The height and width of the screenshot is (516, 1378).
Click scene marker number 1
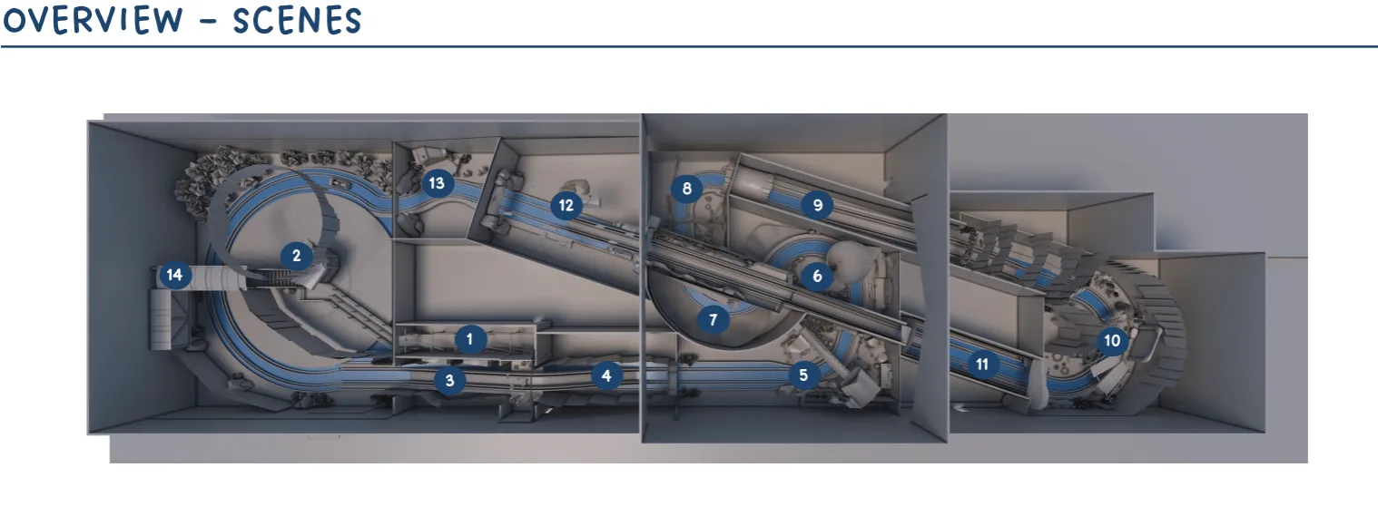coord(470,339)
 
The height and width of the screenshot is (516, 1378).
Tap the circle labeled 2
coord(297,256)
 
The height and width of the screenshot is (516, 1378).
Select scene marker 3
coord(449,380)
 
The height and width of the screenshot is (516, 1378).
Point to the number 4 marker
coord(606,375)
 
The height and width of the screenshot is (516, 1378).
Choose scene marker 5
coord(803,375)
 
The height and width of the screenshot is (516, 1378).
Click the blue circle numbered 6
coord(818,276)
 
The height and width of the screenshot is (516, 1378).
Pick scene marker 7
coord(713,319)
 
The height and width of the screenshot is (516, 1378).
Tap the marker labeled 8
coord(687,188)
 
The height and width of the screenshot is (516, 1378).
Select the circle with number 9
coord(818,205)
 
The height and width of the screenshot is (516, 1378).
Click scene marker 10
coord(1112,340)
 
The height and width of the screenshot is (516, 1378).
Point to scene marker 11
coord(982,365)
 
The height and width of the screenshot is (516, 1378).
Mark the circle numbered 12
coord(566,205)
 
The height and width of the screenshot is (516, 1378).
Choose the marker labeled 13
coord(437,183)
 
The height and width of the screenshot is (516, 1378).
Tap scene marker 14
coord(174,275)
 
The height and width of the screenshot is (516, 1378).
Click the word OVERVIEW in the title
coord(93,20)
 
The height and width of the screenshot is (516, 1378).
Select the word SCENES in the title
coord(297,20)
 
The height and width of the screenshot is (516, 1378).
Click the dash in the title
coord(209,22)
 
